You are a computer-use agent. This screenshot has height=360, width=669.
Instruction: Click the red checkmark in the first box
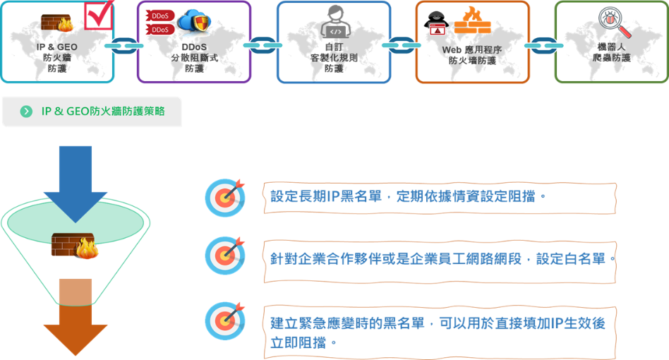(x=100, y=16)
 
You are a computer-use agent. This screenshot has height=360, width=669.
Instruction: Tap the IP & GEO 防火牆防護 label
(x=56, y=57)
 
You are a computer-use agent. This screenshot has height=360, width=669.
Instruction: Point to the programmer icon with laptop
(x=334, y=22)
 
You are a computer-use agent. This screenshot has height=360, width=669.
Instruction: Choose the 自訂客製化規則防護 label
(x=334, y=57)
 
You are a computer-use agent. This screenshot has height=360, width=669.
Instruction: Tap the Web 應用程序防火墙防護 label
(x=472, y=55)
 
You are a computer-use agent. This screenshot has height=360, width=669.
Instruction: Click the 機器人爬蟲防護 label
(x=612, y=52)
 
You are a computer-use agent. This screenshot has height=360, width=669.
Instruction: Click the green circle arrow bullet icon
(x=26, y=112)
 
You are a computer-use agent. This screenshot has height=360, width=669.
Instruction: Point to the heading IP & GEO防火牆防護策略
(x=103, y=112)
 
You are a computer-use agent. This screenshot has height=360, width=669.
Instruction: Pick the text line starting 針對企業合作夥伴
(x=438, y=259)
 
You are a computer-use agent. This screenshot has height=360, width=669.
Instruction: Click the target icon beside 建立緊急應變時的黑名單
(x=225, y=320)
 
